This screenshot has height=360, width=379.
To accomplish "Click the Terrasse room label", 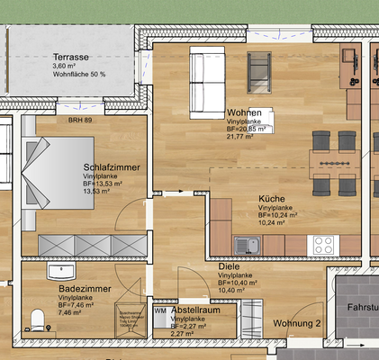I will [71, 56].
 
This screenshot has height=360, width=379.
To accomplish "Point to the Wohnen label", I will [244, 112].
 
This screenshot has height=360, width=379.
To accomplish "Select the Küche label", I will [272, 198].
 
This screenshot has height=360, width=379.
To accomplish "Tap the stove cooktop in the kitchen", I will [323, 244].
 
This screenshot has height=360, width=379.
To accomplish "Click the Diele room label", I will [229, 266].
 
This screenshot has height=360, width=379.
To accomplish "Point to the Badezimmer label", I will [84, 288].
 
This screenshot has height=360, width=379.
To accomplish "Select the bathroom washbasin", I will [59, 269].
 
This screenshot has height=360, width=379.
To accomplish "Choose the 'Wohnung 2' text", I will [297, 322].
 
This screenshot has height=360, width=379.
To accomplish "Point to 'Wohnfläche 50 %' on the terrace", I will [78, 74].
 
